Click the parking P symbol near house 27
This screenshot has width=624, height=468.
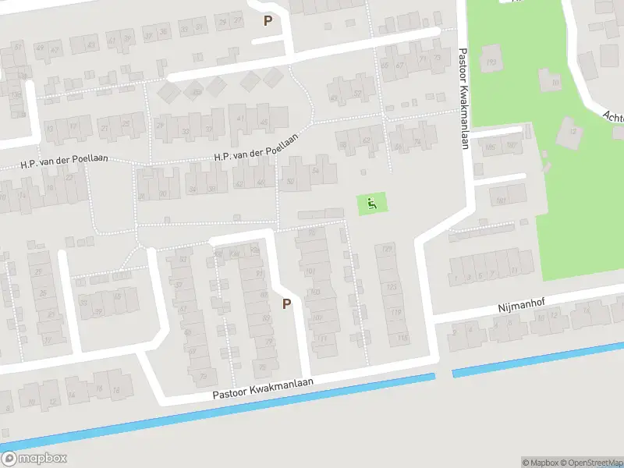click(268, 21)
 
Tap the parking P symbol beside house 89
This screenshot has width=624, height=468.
click(286, 303)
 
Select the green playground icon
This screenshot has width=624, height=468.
click(372, 204)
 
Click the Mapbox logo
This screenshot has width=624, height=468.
click(34, 459)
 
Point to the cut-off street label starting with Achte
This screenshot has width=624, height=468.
click(612, 117)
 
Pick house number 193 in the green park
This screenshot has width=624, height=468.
click(491, 62)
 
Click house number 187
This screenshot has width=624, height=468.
click(512, 146)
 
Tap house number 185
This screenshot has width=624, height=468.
click(490, 147)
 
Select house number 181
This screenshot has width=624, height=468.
click(501, 201)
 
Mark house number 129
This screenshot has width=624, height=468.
click(388, 250)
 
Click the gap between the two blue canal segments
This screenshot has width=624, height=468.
click(444, 375)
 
